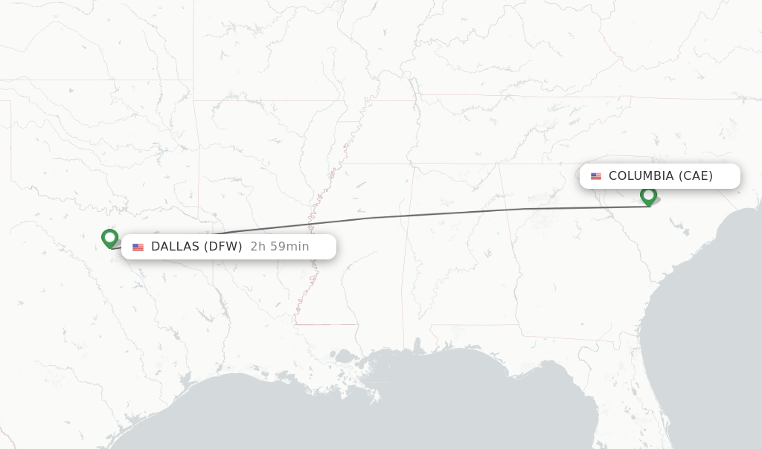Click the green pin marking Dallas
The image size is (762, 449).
pos(110,238)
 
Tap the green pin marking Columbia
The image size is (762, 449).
pos(648,196)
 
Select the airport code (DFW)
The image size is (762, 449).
pos(223,247)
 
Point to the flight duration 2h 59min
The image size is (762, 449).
pos(280,247)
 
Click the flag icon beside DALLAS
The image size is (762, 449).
pos(138,247)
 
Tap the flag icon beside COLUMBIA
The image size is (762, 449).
pos(596,176)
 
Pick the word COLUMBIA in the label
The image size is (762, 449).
pos(641,176)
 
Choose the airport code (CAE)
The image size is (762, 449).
pos(695,176)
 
